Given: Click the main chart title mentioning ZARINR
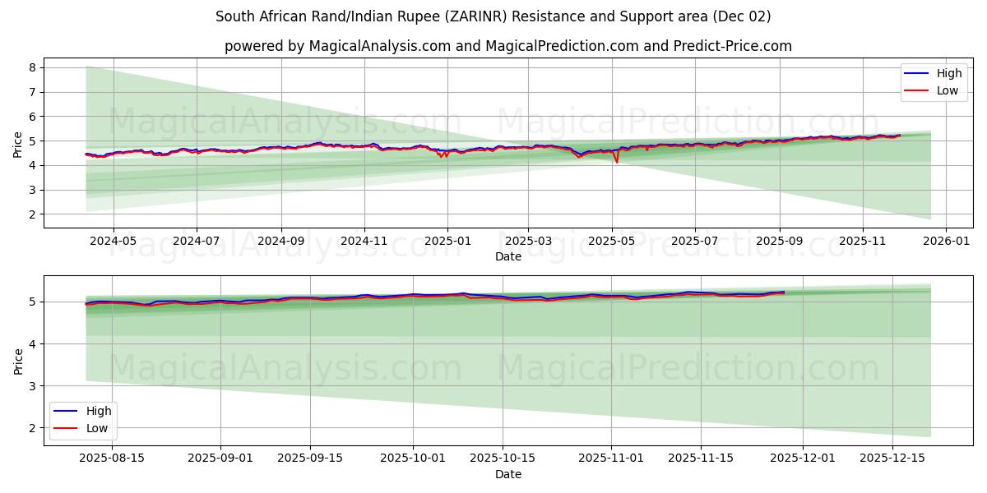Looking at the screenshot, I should [493, 16].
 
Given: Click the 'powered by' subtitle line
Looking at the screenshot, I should [507, 46].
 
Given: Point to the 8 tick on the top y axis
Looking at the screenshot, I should [33, 67].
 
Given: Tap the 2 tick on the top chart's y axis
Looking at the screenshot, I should [33, 214].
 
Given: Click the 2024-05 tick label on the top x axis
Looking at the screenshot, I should [113, 242].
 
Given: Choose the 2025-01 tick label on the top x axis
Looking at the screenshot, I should [447, 242].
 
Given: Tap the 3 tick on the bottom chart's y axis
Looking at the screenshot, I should [33, 385].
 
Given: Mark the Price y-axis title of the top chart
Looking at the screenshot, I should [18, 144].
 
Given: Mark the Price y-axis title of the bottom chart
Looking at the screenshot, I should [18, 361].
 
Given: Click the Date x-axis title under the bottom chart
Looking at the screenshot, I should [507, 474].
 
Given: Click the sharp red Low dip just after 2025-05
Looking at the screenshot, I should [617, 162].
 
